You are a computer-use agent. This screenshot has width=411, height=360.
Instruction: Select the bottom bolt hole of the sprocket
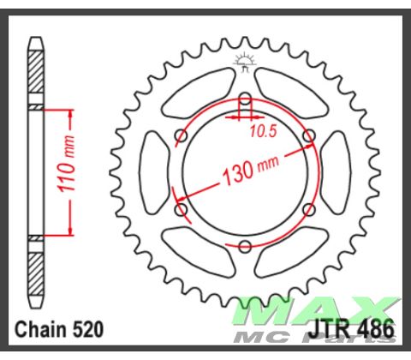[245, 248]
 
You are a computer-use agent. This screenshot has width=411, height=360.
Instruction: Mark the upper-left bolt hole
[181, 135]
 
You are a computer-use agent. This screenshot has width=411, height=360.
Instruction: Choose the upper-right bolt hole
[309, 135]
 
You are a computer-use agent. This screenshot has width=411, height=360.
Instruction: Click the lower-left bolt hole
[181, 209]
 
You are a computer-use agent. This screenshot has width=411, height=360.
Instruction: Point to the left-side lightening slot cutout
[152, 172]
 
